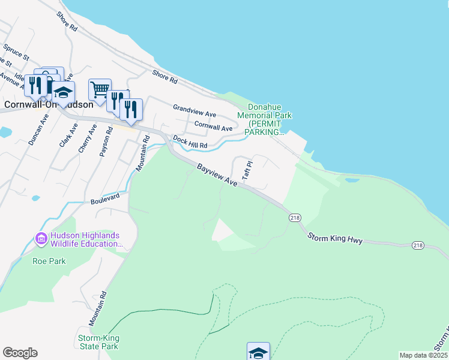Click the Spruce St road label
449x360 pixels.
(16, 52)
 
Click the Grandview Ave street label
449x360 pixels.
(194, 110)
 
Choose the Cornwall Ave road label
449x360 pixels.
(213, 125)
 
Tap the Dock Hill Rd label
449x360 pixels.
(190, 142)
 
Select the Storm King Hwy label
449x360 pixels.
(335, 238)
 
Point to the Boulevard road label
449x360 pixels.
(106, 198)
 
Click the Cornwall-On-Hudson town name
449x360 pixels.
(48, 104)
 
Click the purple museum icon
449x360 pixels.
(41, 239)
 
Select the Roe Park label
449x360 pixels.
(49, 261)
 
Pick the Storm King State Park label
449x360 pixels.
(98, 342)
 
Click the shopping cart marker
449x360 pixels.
(100, 90)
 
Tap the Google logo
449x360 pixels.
(20, 352)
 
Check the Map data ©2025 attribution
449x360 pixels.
(423, 355)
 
